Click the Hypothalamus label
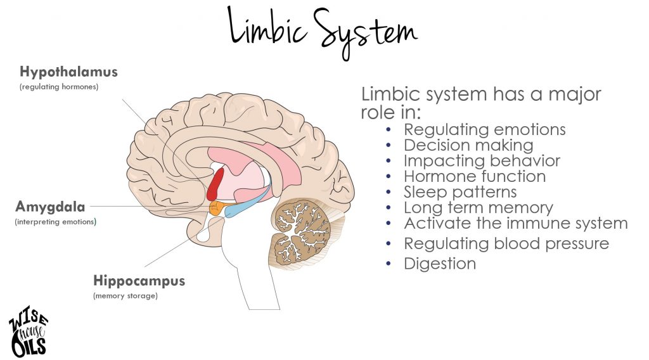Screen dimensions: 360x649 [x=68, y=72]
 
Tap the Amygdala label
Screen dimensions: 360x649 [x=49, y=207]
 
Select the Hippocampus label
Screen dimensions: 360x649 [x=139, y=281]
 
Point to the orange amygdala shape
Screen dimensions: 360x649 [x=216, y=209]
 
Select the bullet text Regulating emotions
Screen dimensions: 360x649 [x=484, y=130]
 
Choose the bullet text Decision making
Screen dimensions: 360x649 [x=468, y=145]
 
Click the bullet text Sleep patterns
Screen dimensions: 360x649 [x=460, y=191]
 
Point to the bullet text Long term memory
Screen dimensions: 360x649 [x=478, y=207]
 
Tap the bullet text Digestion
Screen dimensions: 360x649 [x=439, y=264]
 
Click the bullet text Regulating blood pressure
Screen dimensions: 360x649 [x=506, y=243]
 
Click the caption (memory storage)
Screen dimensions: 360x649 [x=125, y=296]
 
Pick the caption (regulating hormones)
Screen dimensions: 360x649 [x=59, y=87]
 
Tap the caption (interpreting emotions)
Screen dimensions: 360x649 [x=55, y=222]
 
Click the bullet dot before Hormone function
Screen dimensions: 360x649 [x=389, y=177]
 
